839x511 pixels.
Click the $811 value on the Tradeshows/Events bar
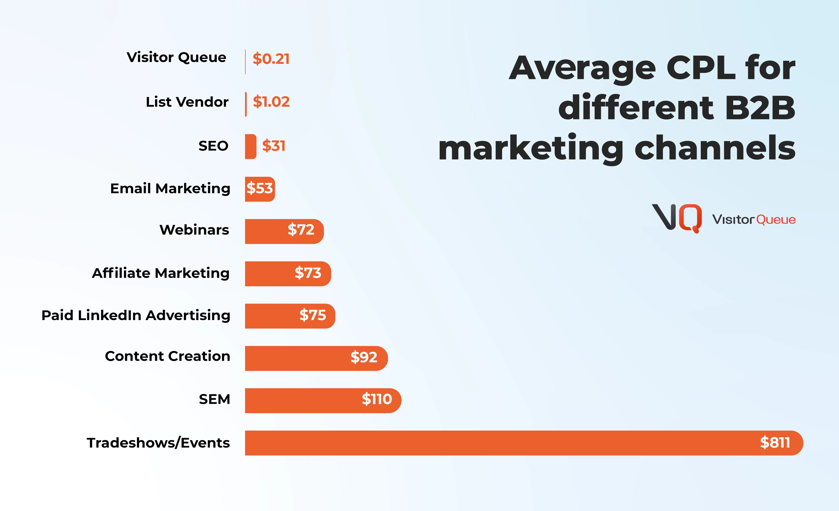(x=775, y=443)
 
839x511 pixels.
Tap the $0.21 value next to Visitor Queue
(x=271, y=59)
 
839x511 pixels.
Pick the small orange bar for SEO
(x=250, y=146)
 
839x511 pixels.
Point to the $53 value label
(x=259, y=188)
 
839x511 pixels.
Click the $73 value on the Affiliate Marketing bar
(x=308, y=273)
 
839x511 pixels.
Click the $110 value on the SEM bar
(x=377, y=399)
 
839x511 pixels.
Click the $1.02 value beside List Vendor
(x=271, y=102)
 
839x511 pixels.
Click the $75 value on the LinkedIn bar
(x=313, y=315)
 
